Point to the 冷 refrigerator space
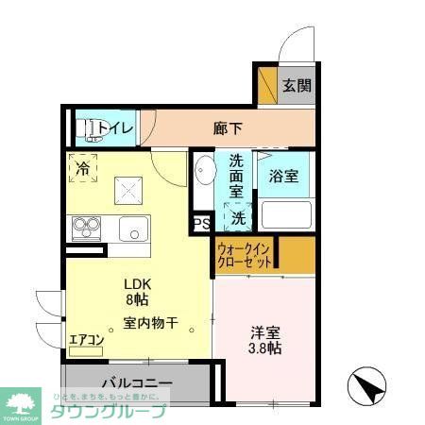[x=82, y=170]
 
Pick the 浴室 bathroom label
[x=283, y=176]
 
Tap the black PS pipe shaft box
[x=201, y=224]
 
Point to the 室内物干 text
[x=150, y=323]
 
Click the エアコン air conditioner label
[x=85, y=341]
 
